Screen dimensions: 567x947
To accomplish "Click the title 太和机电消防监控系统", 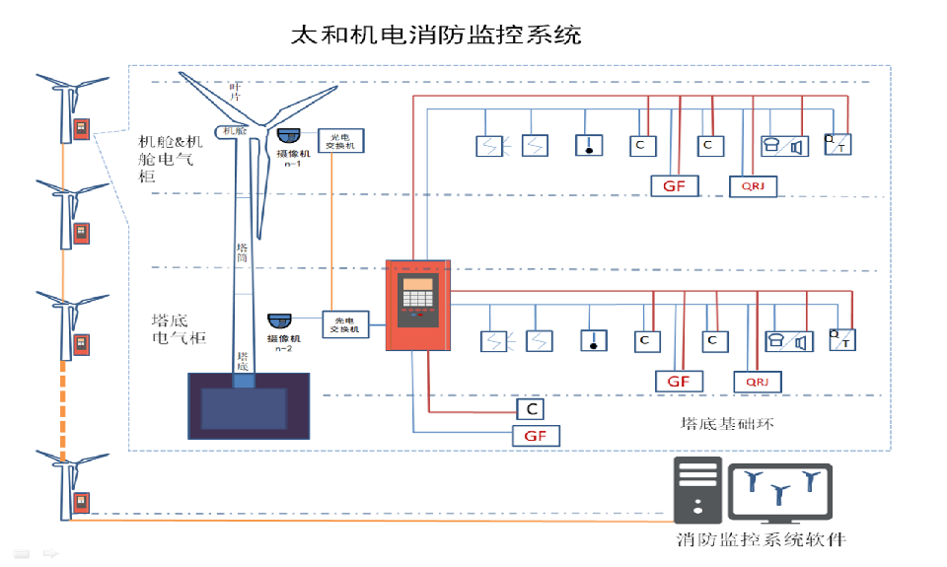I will (x=435, y=35).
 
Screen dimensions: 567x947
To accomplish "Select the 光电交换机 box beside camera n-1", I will (x=341, y=140).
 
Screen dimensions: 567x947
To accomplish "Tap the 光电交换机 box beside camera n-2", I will (x=346, y=324).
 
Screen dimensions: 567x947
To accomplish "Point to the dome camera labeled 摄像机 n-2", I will (x=279, y=321).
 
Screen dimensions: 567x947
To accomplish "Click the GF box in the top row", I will (x=675, y=184).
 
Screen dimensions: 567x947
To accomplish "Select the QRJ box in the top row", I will (x=753, y=184).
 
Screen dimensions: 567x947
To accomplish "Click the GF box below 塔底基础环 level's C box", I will (x=535, y=435).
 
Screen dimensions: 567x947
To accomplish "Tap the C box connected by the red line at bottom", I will (x=532, y=408).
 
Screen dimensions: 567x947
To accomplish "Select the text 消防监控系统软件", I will (x=761, y=539).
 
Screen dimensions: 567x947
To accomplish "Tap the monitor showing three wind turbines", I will (x=779, y=490).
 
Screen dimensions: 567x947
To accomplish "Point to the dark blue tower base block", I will (x=249, y=404).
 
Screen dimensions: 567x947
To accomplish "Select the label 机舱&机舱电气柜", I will (x=171, y=158).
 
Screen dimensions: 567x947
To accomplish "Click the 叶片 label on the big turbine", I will (x=235, y=91).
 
